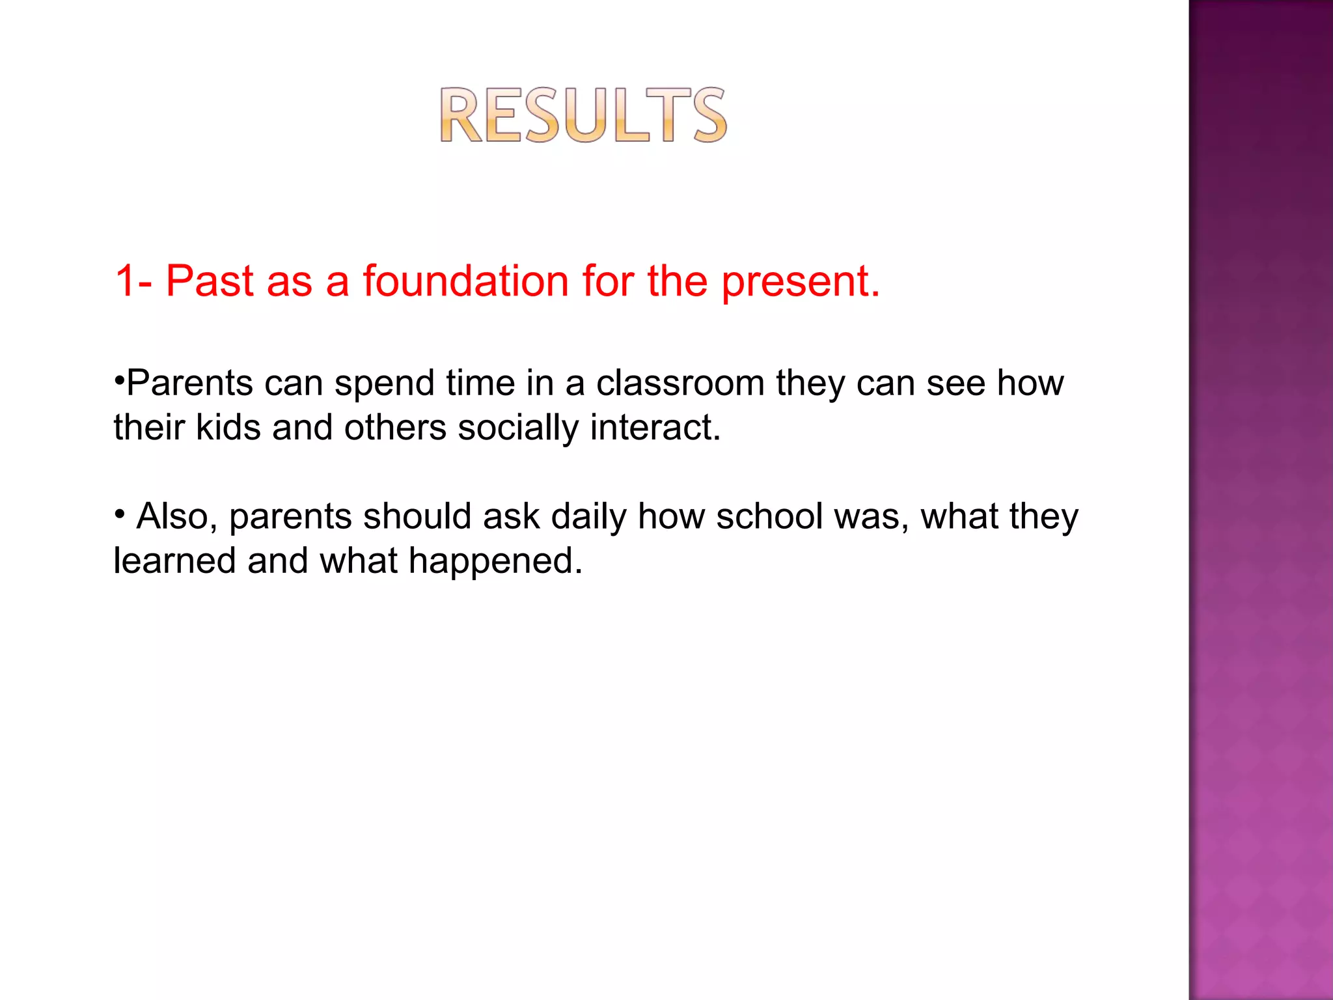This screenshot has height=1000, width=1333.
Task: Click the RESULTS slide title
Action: [x=583, y=115]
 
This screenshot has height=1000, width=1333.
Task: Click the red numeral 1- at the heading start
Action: [x=133, y=281]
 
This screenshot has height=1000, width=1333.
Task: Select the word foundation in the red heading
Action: [x=466, y=281]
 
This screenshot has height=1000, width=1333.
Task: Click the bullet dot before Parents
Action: [x=118, y=379]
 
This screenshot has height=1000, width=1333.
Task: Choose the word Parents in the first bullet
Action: [x=189, y=383]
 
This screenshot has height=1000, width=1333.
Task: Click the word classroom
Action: [x=680, y=383]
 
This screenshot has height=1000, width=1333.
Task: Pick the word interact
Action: [x=655, y=428]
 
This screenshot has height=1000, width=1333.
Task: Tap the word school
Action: [x=769, y=516]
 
